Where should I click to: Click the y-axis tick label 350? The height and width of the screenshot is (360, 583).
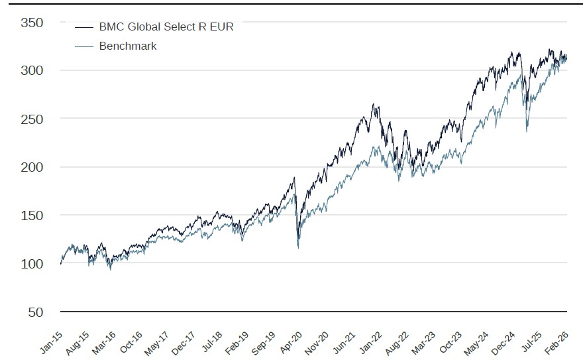(x=32, y=23)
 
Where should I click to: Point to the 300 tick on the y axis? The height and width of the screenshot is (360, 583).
(x=32, y=70)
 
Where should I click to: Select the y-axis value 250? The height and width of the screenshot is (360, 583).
(x=32, y=119)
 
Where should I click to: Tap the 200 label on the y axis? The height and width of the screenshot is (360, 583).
(x=32, y=167)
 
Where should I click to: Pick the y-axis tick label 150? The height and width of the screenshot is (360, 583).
(x=32, y=215)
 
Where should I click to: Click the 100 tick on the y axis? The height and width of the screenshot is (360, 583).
(x=32, y=264)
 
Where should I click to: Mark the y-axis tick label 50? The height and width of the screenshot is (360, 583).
(x=35, y=312)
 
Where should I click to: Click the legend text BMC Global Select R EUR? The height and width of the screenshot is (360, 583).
(x=166, y=27)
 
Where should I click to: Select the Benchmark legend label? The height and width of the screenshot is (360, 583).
(x=128, y=46)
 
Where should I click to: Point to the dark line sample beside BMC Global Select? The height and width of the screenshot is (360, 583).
(x=84, y=28)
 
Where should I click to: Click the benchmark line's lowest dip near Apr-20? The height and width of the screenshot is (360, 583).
(x=298, y=248)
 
